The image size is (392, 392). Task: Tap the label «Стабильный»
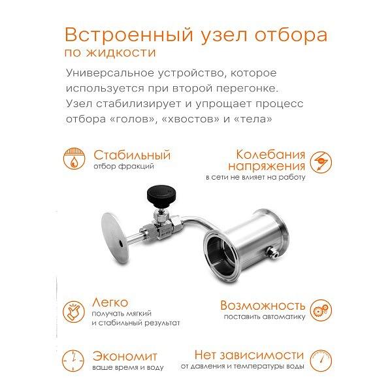[x=132, y=155]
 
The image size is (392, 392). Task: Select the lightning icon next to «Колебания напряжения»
[x=320, y=160]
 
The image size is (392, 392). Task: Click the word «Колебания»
[x=270, y=155]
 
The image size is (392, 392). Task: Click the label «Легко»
[x=110, y=303]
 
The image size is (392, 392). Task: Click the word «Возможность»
[x=262, y=305]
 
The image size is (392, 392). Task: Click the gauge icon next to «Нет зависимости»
[x=320, y=359]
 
